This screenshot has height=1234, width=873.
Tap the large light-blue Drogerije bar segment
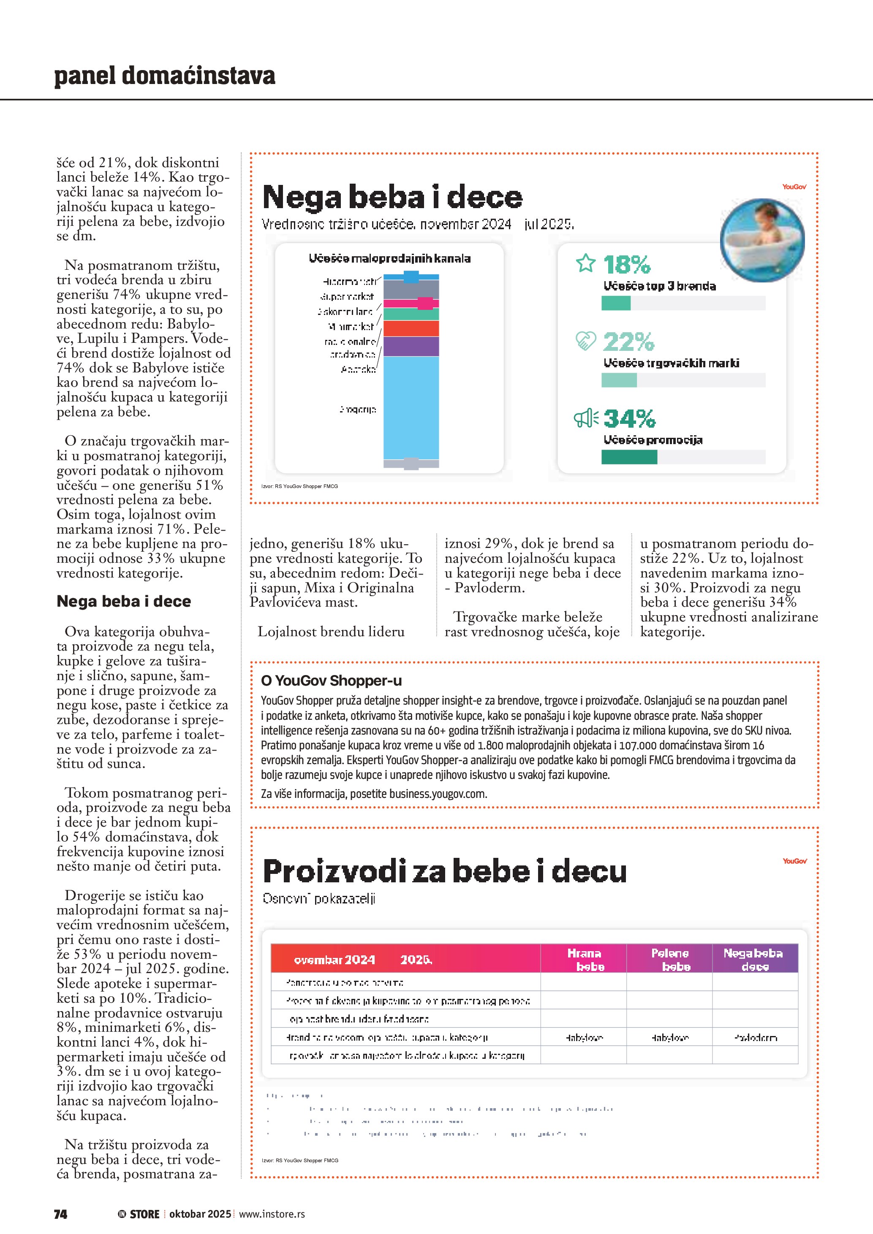click(x=411, y=407)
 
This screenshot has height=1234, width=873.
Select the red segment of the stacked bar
click(x=411, y=328)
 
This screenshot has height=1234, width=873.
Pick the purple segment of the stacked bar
click(x=411, y=346)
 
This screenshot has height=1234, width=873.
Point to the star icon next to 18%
click(x=585, y=263)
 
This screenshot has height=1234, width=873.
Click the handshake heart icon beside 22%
click(x=585, y=340)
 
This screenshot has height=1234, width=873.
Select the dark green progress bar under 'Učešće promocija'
click(x=629, y=457)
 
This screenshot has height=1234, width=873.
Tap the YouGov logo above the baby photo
click(x=794, y=187)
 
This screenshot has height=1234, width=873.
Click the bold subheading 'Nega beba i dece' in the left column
click(x=124, y=602)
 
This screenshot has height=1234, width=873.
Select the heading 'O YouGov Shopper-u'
click(x=331, y=681)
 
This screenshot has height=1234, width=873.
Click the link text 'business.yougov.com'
click(x=438, y=794)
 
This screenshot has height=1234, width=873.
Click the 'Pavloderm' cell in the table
click(x=755, y=1037)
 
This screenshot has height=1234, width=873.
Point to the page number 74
click(x=61, y=1214)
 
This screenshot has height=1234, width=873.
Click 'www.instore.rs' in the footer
click(x=272, y=1214)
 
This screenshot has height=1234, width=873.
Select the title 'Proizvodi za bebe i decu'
click(x=445, y=871)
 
